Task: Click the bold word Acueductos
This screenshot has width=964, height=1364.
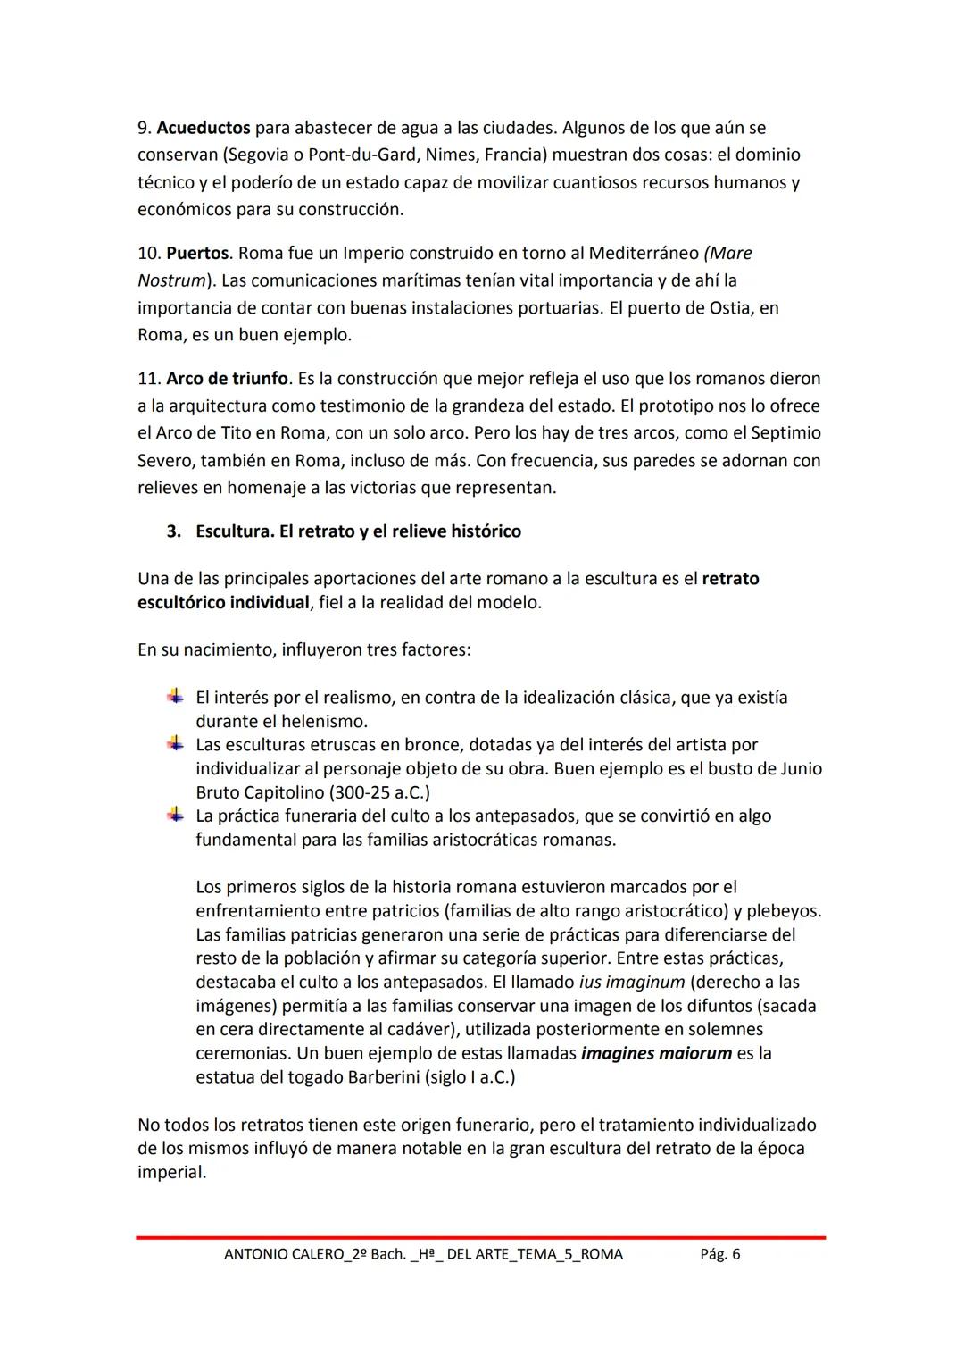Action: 204,128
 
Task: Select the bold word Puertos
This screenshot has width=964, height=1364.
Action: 197,253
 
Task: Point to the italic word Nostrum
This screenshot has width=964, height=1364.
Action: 170,280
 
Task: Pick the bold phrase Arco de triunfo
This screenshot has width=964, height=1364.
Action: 228,378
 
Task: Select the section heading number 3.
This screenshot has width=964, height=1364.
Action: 173,531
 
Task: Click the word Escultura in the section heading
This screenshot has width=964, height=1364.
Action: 234,531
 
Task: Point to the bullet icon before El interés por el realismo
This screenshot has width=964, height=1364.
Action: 175,697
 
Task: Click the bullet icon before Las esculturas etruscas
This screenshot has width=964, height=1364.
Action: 175,744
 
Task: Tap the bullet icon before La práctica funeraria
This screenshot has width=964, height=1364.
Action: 175,816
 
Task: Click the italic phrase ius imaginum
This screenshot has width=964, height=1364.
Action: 632,982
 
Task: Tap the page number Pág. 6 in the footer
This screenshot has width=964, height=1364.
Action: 720,1254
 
